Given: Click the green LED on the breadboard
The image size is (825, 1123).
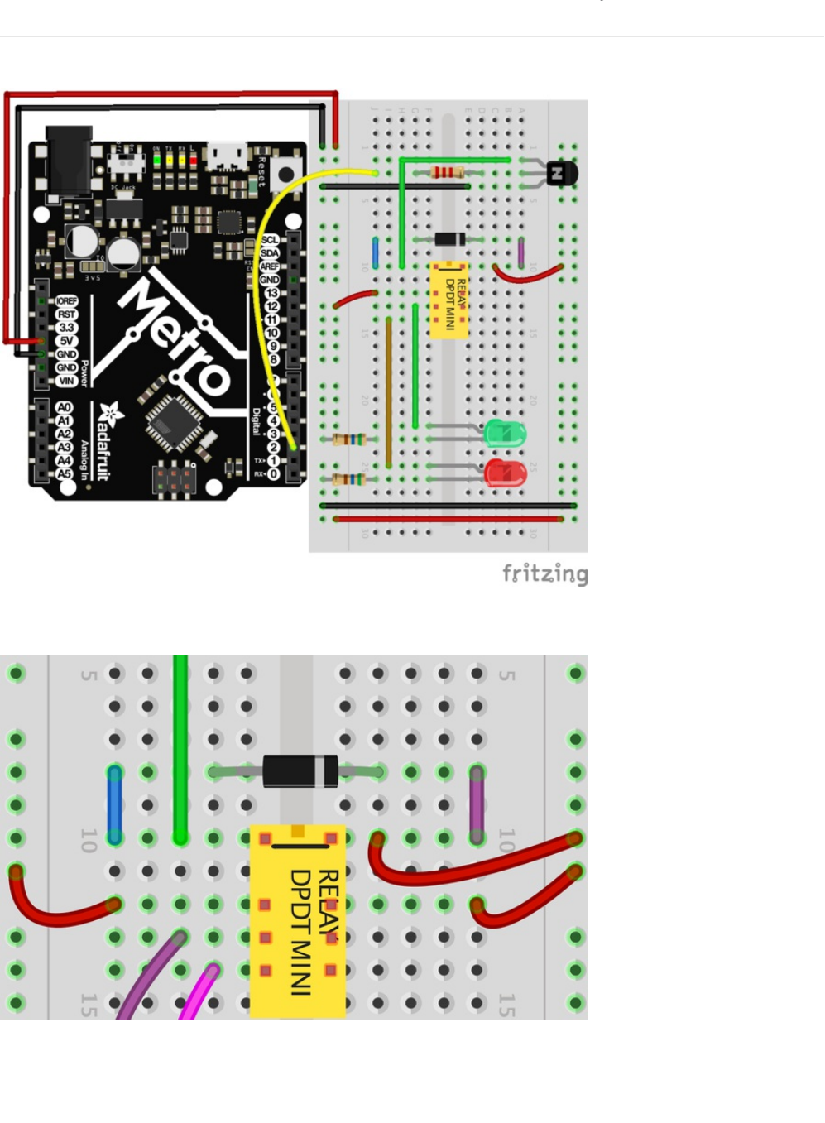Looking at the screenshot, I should coord(504,433).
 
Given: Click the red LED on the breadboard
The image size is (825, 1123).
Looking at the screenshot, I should coord(506,473).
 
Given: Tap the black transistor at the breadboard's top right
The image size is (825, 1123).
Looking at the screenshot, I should coord(562,174).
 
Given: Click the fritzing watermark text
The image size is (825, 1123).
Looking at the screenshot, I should coord(544,573).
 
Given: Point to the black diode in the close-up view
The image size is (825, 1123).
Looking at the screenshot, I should coord(300,771).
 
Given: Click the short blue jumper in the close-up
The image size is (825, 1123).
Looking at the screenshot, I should coord(114,804).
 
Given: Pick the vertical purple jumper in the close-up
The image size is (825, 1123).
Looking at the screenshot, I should coord(477,804).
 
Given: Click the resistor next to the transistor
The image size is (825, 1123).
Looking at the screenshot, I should coord(448,172).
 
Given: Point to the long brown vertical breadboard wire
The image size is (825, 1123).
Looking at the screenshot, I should coord(388,392).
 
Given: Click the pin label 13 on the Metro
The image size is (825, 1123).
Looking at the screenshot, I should coord(271,293).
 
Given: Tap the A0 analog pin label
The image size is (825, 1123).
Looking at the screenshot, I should coord(64,407).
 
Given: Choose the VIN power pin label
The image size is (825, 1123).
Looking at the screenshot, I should coord(66,381).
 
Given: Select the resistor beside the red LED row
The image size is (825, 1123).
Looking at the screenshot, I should coord(348,478).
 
